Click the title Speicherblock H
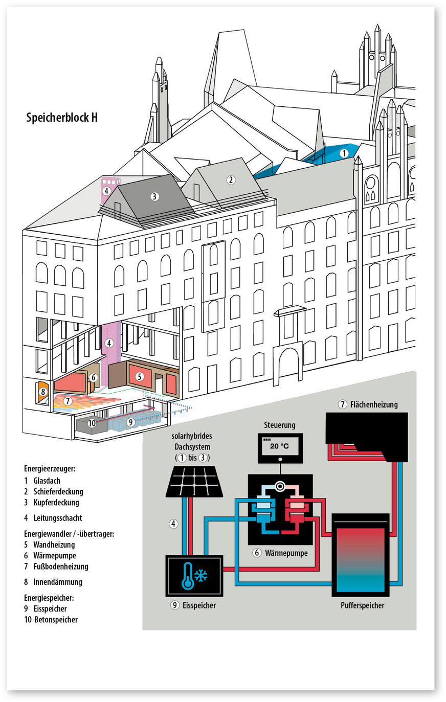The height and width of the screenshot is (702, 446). coord(62,118)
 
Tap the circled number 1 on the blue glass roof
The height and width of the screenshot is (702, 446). coord(344,153)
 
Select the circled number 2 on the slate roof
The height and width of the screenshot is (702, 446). coord(231,179)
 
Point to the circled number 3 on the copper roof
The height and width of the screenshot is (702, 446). coord(154,196)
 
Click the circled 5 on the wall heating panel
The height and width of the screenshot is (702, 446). coord(140,377)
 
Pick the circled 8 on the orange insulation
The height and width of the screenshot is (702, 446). coord(43,392)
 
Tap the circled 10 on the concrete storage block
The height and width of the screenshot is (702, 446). coord(92,423)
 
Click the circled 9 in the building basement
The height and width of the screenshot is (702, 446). coord(130,422)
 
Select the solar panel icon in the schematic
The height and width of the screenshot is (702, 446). coord(195,481)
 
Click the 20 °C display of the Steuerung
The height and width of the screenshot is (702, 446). coord(279,446)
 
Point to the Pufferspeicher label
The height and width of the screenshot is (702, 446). coord(362,605)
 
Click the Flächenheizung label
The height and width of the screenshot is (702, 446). coord(373,404)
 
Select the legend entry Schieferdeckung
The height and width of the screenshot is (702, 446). coord(58,491)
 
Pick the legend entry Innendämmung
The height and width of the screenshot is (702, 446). coord(57,582)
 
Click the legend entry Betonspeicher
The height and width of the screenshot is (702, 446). coord(56,620)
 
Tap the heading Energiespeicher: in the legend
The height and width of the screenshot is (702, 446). coord(49,598)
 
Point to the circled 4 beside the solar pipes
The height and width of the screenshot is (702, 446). coord(174,524)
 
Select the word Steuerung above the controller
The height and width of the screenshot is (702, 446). coord(280,425)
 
